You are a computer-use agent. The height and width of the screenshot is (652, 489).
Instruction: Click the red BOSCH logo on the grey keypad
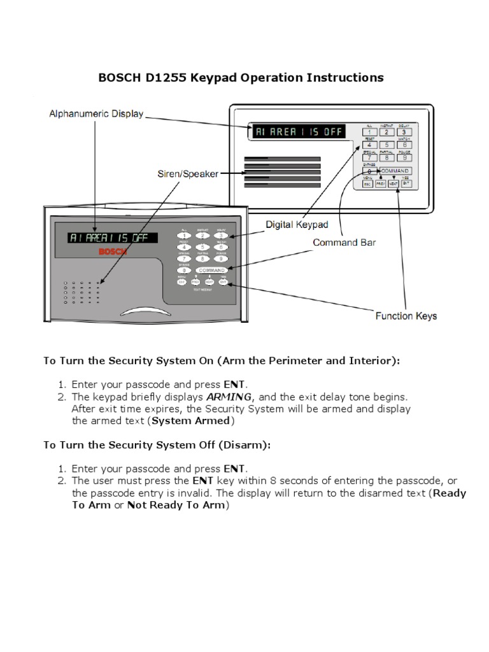pos(114,252)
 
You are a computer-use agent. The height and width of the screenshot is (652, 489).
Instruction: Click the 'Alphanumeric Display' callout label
pos(96,114)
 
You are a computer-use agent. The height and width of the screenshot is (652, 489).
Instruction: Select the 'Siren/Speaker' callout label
pos(188,173)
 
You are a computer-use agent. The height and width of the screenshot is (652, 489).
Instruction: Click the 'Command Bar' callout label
pos(344,242)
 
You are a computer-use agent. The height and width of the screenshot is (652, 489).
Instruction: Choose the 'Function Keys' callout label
pos(406,315)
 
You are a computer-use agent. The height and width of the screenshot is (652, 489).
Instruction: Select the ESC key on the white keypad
pos(367,183)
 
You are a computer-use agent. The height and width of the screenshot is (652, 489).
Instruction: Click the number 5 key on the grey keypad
pos(202,247)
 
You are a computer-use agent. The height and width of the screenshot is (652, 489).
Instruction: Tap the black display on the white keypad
pos(299,132)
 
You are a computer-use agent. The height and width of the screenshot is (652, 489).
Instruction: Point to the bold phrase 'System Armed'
pos(190,421)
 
